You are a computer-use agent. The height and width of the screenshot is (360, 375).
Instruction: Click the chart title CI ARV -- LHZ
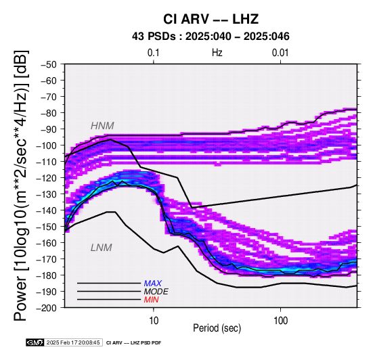coord(211,19)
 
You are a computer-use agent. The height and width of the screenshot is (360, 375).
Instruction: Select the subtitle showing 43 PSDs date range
coord(211,37)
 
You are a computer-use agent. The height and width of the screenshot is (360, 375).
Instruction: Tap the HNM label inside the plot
coord(102,126)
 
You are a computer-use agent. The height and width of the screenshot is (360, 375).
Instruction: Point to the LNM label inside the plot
coord(101,248)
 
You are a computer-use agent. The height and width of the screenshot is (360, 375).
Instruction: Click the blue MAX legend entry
coord(152,284)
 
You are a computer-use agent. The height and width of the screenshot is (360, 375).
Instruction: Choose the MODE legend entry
coord(156,292)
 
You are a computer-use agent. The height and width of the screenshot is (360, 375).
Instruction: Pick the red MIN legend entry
coord(151,300)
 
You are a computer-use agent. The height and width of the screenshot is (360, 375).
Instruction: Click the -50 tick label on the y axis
coord(49,64)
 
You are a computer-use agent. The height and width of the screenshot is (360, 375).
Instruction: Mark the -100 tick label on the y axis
coord(47,145)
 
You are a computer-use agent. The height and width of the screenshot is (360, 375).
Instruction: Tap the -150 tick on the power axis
coord(47,227)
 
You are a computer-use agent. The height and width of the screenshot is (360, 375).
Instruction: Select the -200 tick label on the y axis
coord(47,308)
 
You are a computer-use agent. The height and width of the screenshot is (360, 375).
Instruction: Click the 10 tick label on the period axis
coord(154,321)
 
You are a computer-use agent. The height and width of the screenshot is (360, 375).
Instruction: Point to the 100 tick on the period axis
coord(280,321)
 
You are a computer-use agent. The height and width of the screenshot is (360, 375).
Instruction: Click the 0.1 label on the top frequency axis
coord(153,53)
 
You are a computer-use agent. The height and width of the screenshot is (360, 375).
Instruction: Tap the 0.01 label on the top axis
coord(280,53)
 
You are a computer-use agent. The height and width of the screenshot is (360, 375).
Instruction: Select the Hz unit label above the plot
coord(217,53)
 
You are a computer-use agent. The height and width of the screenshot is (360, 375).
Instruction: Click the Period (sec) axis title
coord(217,328)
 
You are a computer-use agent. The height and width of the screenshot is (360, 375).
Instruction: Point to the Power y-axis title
coord(21,185)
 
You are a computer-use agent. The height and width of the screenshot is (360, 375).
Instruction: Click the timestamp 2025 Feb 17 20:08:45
coord(73,342)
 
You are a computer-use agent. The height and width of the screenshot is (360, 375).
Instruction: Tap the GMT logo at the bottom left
coord(35,342)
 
